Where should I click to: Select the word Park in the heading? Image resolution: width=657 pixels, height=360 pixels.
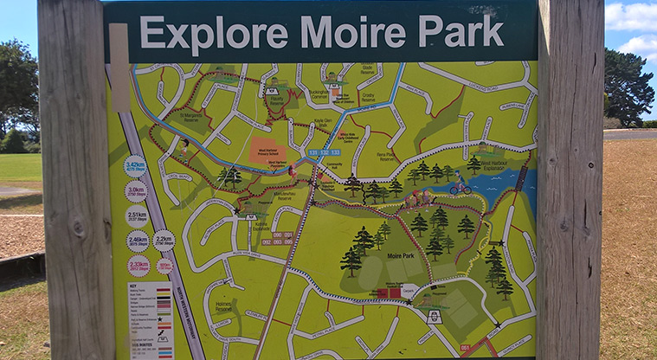tap(462, 31)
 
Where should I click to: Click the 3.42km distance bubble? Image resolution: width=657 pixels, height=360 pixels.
tap(135, 165)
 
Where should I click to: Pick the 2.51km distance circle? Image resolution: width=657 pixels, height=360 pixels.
tap(137, 215)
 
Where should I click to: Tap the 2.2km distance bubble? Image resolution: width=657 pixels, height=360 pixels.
tap(164, 240)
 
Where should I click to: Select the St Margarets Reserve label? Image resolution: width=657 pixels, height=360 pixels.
tap(191, 116)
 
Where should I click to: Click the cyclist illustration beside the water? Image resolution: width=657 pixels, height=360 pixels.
tap(460, 186)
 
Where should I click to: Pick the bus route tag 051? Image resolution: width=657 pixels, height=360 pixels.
tap(464, 347)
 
